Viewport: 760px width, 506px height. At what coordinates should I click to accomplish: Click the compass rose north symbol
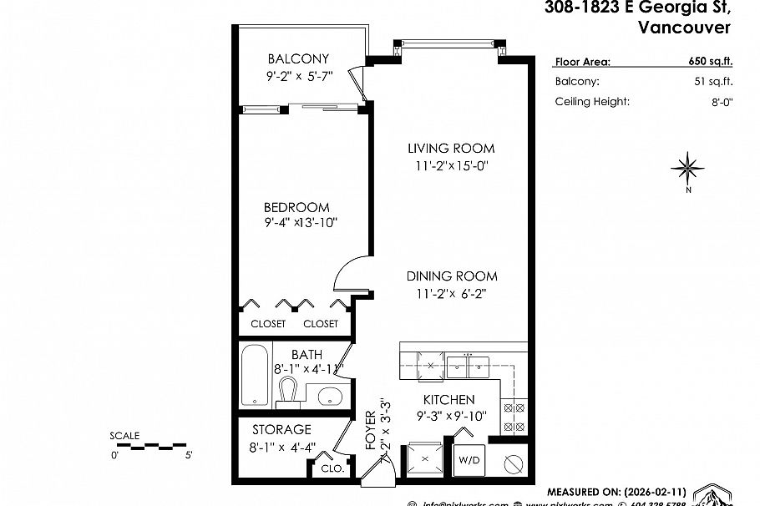[x=688, y=170]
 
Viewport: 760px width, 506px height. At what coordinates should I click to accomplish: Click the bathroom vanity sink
[x=331, y=395]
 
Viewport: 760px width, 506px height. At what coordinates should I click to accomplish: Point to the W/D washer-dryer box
[x=467, y=458]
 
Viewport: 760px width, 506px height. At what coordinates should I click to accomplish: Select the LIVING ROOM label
[x=450, y=149]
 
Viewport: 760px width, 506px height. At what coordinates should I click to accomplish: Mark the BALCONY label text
[x=297, y=59]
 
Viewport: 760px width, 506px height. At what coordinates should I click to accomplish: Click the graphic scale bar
[x=149, y=446]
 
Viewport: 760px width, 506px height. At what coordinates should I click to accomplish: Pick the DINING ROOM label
[x=452, y=276]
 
